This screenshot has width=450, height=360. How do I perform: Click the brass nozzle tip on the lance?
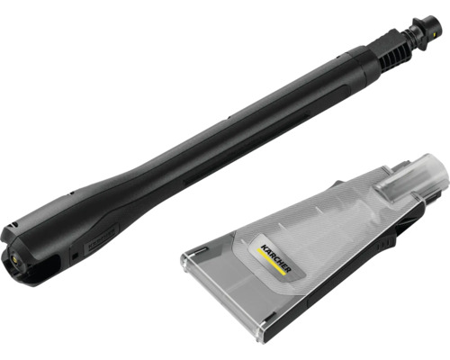(x=14, y=257)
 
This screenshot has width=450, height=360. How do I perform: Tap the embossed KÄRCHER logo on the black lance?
(x=102, y=239)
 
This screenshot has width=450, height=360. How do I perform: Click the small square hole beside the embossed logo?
(x=75, y=256)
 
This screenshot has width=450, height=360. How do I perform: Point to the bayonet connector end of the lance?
(x=426, y=32)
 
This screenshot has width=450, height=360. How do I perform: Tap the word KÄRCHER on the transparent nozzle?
(x=275, y=258)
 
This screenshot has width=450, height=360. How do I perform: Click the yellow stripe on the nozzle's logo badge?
(x=271, y=261)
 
